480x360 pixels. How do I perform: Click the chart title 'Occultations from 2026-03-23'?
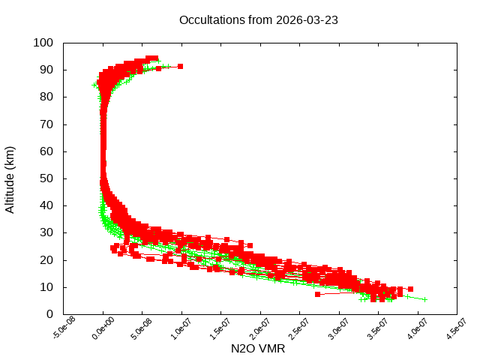259,20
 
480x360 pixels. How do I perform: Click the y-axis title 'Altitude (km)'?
10,178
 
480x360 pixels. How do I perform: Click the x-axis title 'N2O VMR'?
259,349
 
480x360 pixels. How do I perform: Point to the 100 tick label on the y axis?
43,43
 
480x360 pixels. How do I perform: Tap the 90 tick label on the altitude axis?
46,70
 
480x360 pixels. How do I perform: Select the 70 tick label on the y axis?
46,124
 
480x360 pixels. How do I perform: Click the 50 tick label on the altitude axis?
46,178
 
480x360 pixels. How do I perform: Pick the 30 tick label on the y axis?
46,232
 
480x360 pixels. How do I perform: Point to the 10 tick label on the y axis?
46,287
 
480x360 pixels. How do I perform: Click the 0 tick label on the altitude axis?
49,314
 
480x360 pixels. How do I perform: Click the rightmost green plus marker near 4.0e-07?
424,299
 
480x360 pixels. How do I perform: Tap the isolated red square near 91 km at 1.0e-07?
180,67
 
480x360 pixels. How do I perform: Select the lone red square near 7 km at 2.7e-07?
318,294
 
